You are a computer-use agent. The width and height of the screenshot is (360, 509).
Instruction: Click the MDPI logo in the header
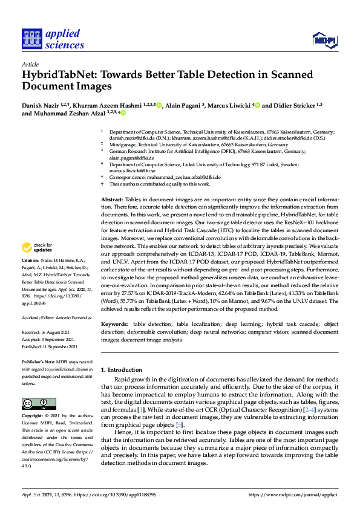click(322, 40)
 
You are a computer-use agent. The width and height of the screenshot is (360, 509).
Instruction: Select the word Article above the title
click(30, 64)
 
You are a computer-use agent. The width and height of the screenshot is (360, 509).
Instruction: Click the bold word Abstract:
click(112, 199)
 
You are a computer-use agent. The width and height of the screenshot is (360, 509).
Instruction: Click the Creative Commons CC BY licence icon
click(39, 404)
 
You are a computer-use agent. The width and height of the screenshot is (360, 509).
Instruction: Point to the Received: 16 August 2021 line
click(47, 331)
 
